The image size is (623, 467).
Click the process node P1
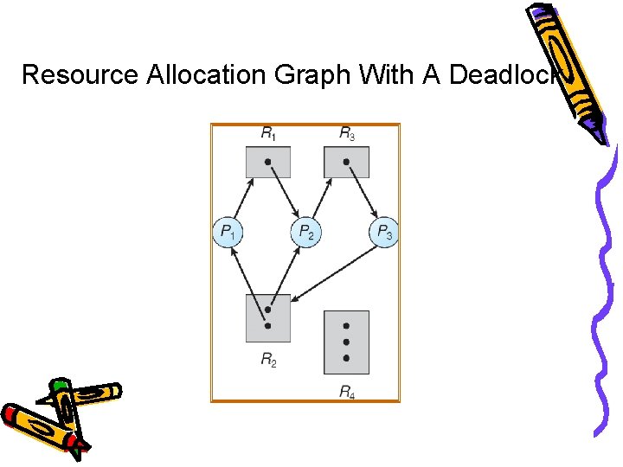[x=228, y=232]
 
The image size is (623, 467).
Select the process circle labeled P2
[x=305, y=232]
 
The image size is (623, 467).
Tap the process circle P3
[x=383, y=232]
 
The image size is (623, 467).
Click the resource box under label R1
[x=268, y=162]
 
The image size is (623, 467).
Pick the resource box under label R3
[x=346, y=162]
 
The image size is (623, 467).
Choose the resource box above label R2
[x=268, y=318]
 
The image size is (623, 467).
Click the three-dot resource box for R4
[x=346, y=342]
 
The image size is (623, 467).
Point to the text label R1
[x=269, y=134]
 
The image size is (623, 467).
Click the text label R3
[x=346, y=134]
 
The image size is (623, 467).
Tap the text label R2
[x=269, y=359]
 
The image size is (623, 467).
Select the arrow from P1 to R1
[x=242, y=199]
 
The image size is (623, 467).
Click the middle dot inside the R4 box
[x=346, y=342]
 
